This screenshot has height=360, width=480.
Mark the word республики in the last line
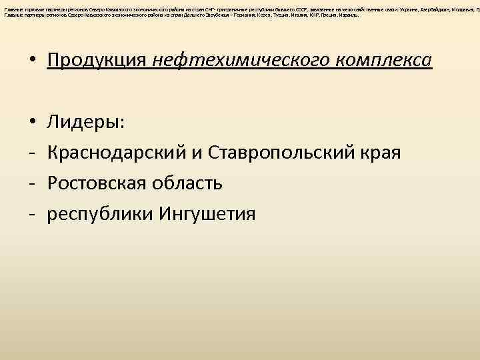pyautogui.click(x=100, y=214)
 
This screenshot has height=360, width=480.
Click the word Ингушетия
pyautogui.click(x=207, y=214)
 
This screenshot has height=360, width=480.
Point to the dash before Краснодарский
pyautogui.click(x=31, y=153)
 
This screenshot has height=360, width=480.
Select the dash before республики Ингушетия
pyautogui.click(x=31, y=214)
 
